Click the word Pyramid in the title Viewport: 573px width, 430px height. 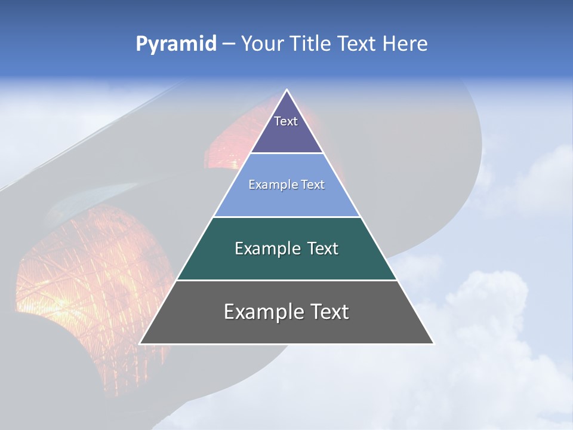pyautogui.click(x=175, y=44)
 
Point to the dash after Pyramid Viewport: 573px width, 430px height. pyautogui.click(x=229, y=44)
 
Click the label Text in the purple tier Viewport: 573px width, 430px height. pyautogui.click(x=286, y=121)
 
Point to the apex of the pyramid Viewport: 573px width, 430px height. pyautogui.click(x=286, y=90)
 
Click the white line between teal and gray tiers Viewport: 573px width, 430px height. pyautogui.click(x=286, y=280)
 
